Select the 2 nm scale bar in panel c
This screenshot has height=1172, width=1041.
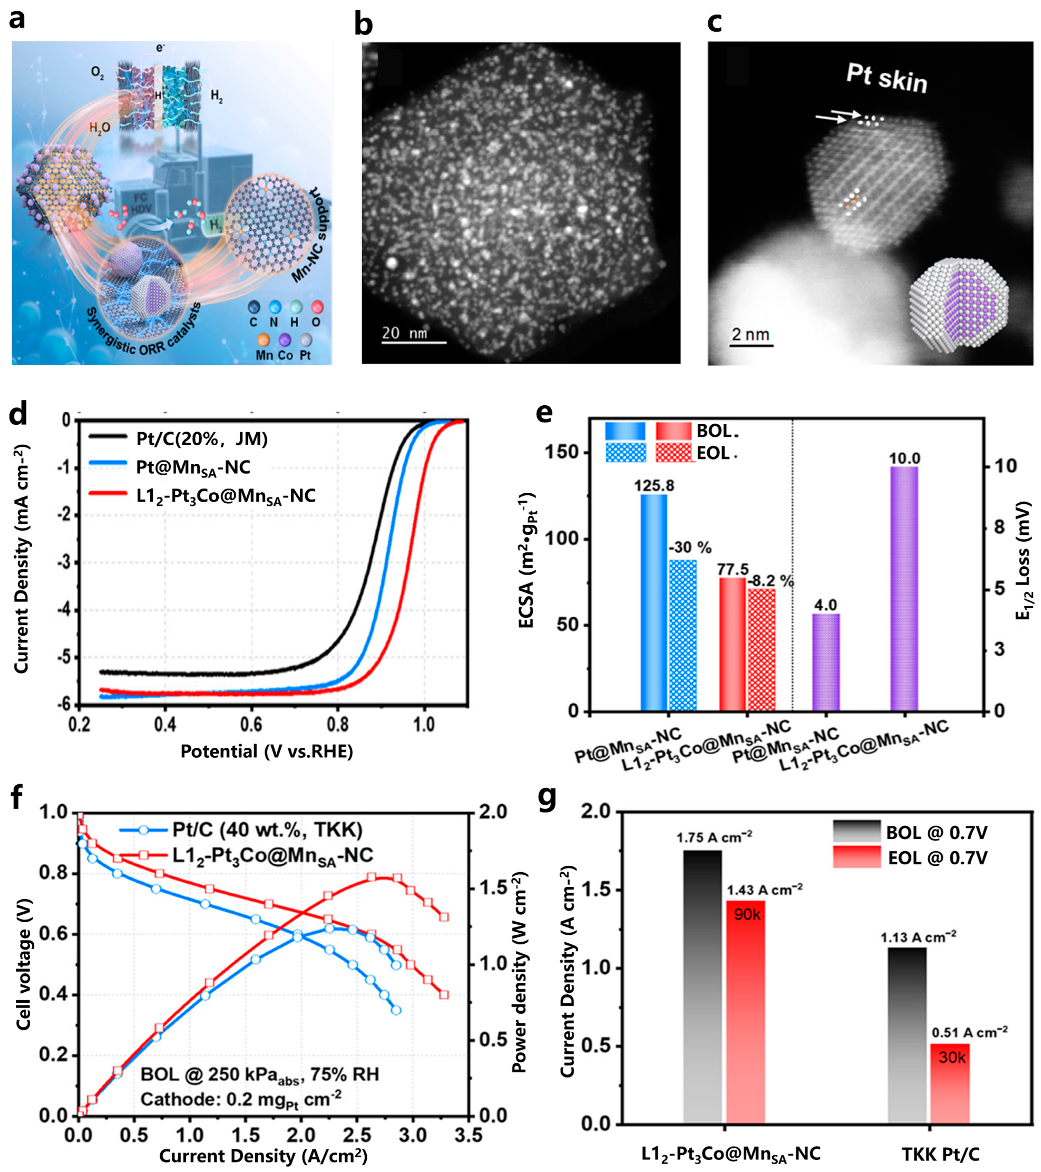tap(751, 345)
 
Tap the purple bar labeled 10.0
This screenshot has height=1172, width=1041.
tap(904, 588)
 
